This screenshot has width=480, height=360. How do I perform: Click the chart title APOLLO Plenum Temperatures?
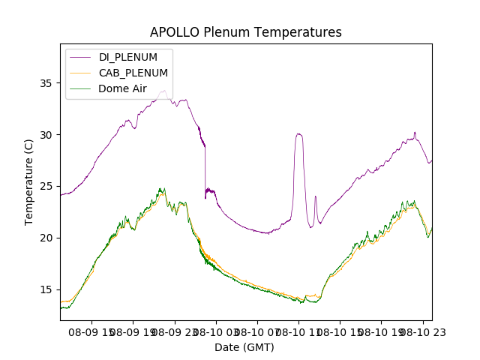coord(245,32)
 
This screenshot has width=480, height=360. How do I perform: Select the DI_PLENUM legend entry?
coord(128,57)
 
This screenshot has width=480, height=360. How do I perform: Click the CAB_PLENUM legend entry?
coord(133,73)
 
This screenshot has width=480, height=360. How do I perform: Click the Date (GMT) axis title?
coord(244,347)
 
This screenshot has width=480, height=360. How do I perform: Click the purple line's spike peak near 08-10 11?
coord(298,134)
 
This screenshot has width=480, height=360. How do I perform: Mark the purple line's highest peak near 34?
coord(163,91)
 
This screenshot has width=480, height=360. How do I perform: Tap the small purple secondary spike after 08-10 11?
coord(316,196)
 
